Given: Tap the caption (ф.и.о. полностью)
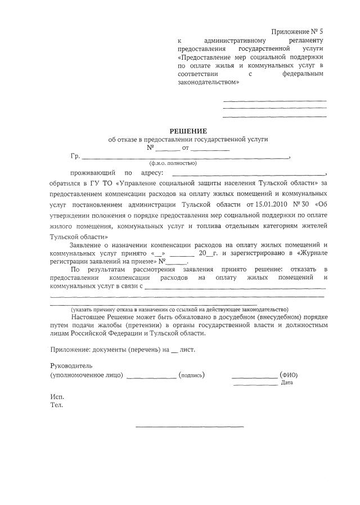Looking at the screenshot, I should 173,163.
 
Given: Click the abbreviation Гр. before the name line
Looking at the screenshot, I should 75,155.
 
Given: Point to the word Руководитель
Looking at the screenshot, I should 71,365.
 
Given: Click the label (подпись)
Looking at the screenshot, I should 191,375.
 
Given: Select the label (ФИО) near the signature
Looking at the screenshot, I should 289,375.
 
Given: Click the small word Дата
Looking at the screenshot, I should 287,383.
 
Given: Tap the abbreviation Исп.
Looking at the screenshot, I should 56,396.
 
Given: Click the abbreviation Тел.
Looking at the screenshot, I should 56,404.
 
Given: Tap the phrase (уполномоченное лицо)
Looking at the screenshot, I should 87,375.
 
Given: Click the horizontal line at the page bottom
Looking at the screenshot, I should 190,426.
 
